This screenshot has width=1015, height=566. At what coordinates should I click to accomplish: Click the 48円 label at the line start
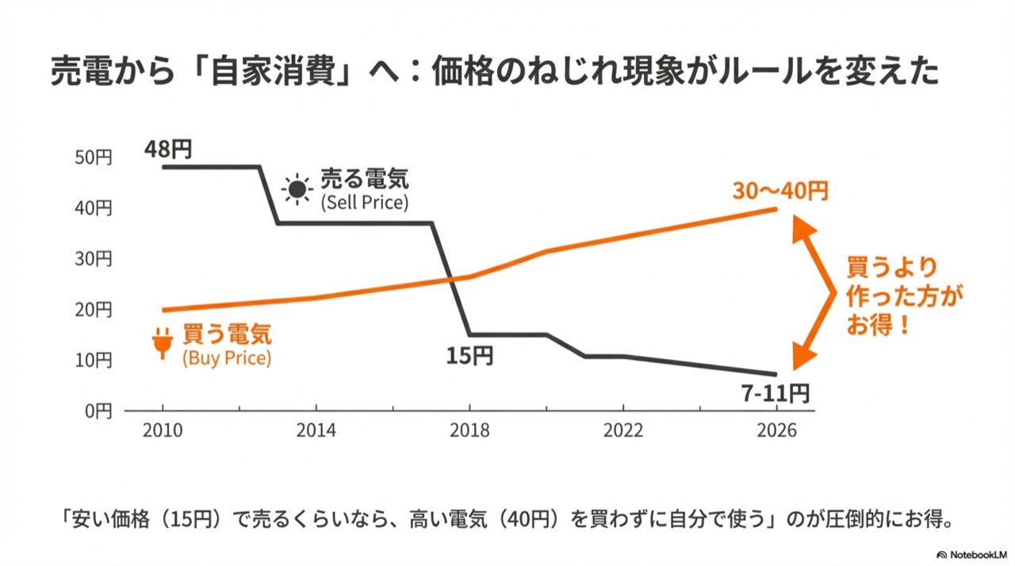[168, 148]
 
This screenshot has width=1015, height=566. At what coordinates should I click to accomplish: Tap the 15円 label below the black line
[469, 356]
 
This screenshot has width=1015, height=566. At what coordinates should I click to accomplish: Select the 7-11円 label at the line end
[776, 392]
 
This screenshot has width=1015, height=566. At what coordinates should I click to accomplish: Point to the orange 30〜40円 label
[780, 191]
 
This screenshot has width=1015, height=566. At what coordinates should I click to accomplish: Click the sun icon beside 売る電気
[297, 189]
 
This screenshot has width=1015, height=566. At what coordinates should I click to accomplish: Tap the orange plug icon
[163, 342]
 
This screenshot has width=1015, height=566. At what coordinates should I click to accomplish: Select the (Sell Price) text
[364, 202]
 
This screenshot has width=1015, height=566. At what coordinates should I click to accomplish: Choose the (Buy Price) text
[227, 358]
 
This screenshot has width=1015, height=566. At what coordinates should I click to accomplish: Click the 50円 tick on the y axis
[96, 158]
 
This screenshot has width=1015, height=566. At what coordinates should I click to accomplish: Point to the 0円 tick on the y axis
[100, 411]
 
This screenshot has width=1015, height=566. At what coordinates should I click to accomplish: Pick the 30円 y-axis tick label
[96, 259]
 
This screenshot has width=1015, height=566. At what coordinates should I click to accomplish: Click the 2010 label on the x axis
[163, 430]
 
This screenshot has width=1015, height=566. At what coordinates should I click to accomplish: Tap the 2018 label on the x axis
[469, 430]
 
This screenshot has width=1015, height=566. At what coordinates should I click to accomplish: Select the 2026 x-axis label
[776, 430]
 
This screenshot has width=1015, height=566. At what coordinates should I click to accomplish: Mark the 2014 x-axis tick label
[316, 430]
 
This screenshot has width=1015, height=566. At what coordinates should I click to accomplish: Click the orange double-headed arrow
[817, 293]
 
